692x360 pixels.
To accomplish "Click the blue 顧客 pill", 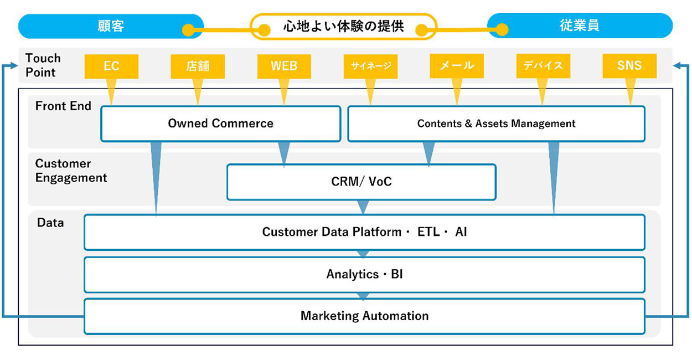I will (110, 26).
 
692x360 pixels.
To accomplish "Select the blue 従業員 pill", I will (579, 26).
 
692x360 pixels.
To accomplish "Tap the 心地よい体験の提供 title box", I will (343, 27).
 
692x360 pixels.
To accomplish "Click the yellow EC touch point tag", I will (111, 66).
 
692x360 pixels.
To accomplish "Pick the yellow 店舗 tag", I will (198, 66).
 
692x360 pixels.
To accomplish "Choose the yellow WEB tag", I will (284, 66).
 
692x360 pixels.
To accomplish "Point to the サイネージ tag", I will (371, 66).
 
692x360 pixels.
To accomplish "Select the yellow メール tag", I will (457, 66).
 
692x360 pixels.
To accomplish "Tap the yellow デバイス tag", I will (543, 66).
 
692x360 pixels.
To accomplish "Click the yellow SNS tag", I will (629, 66).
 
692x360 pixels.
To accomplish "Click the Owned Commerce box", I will (220, 124).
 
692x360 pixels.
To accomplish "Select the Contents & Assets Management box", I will (496, 124).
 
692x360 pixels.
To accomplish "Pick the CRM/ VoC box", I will (361, 181).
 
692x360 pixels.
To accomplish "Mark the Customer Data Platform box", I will (364, 232).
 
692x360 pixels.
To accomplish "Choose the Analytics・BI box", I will (364, 274).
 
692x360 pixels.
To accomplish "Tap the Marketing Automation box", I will (364, 316).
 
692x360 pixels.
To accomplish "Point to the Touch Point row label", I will (43, 65).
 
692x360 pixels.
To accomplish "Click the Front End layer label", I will (63, 106).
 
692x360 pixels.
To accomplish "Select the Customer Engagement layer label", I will (71, 171).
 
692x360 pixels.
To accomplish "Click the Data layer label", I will (50, 223).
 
